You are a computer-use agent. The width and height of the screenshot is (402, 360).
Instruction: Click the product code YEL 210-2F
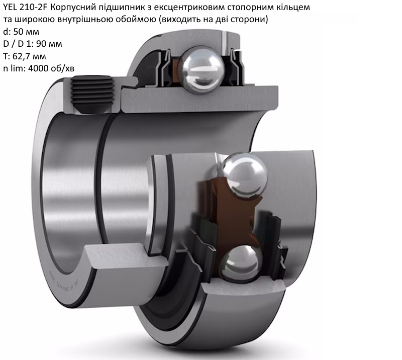click(25, 8)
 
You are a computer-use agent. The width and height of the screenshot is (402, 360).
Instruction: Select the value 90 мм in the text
click(49, 44)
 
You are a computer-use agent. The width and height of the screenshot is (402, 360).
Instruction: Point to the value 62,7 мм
click(29, 56)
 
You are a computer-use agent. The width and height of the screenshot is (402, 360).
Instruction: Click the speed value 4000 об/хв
click(51, 68)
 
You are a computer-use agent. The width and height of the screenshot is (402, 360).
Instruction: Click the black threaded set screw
click(92, 95)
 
